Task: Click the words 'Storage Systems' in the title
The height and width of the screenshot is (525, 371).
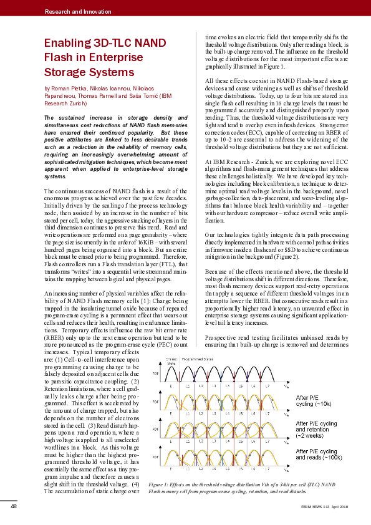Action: tap(80, 73)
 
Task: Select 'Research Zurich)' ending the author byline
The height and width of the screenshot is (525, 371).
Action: tap(67, 104)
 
